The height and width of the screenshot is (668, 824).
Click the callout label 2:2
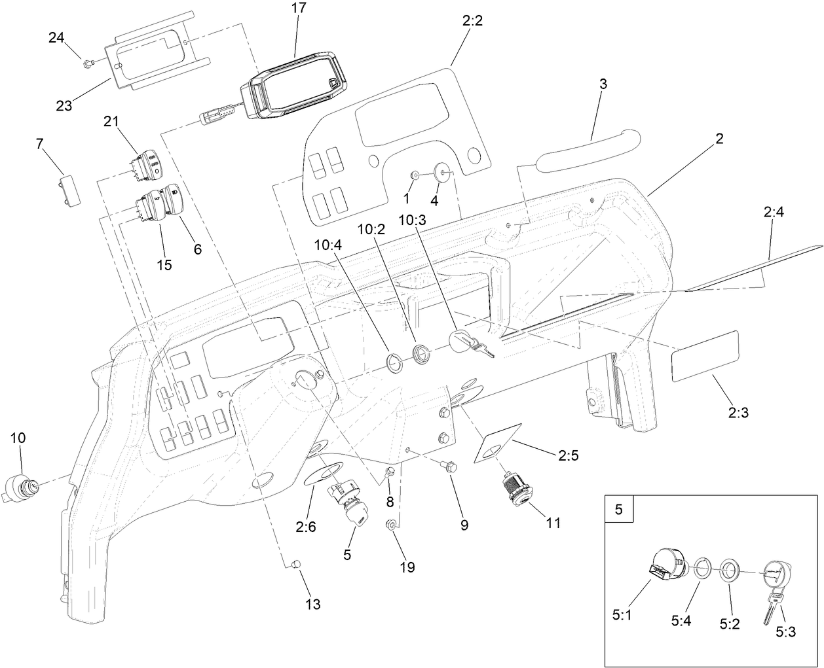coord(472,21)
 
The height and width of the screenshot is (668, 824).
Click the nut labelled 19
coord(391,524)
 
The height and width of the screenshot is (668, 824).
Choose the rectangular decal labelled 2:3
coord(705,356)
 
